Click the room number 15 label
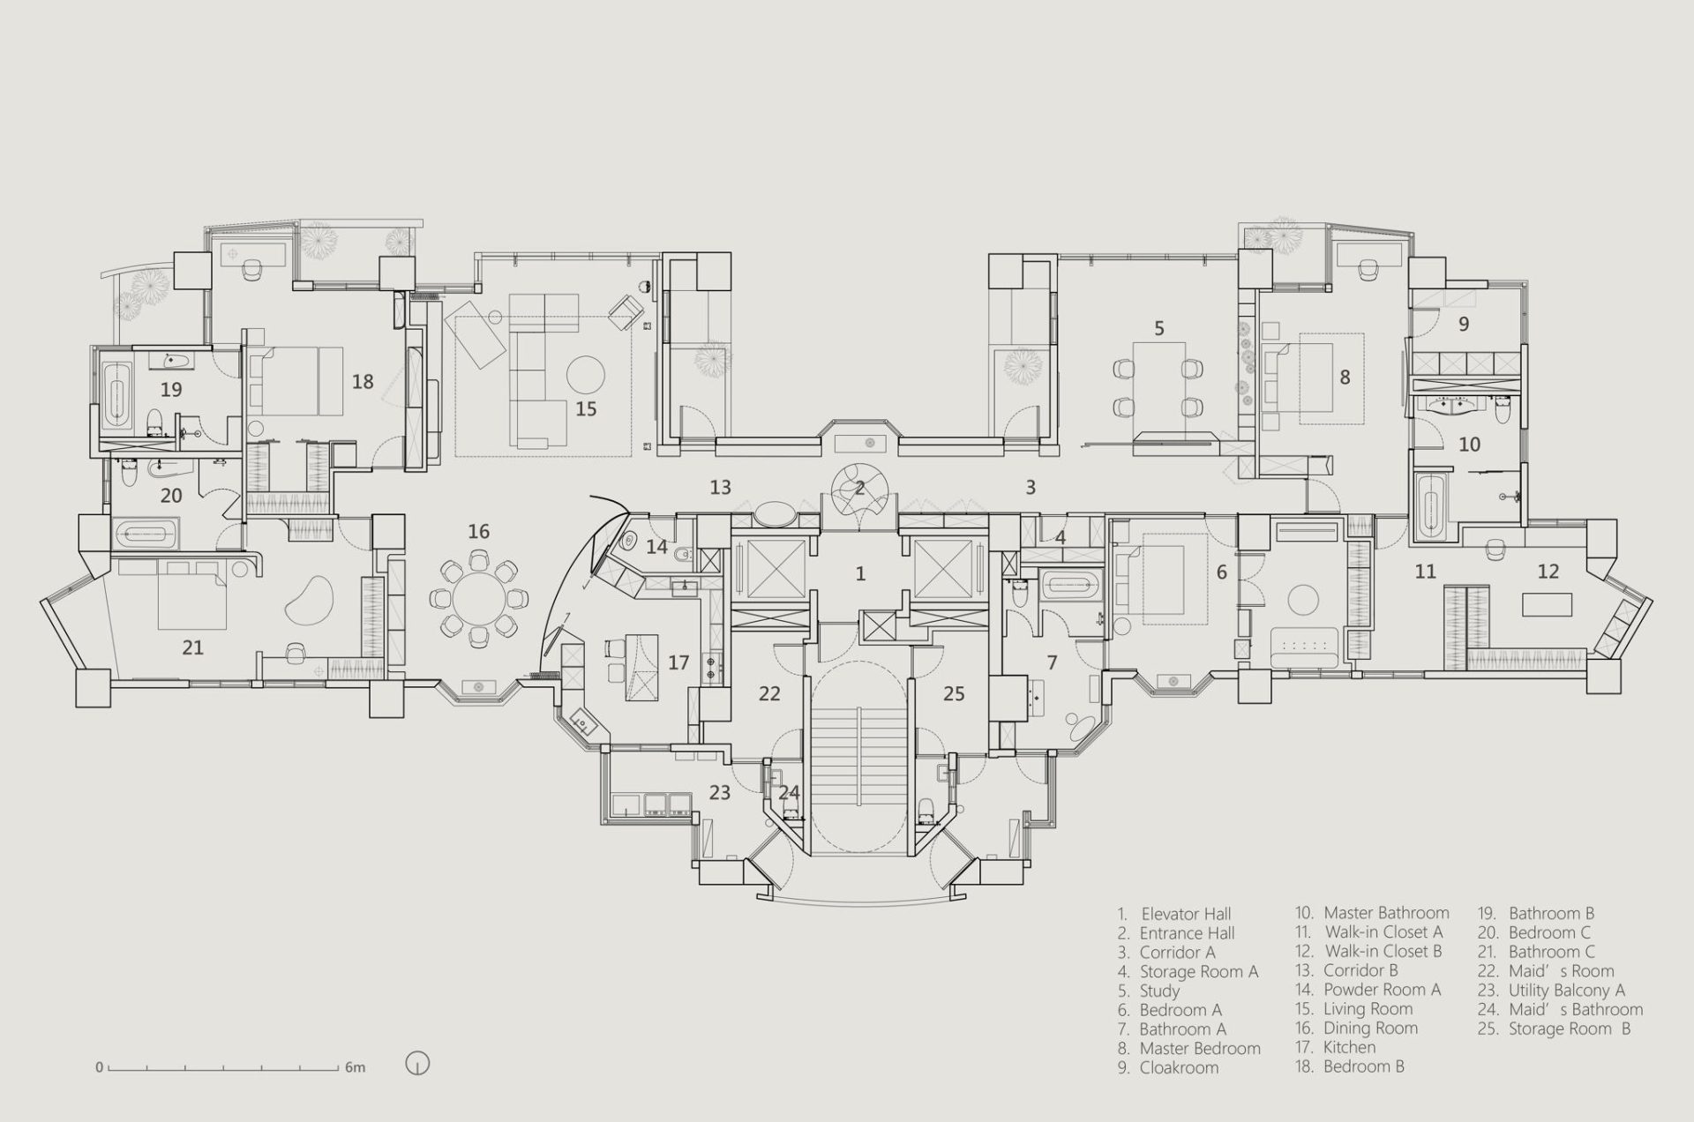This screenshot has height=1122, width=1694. click(x=586, y=408)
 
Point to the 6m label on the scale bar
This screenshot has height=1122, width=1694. click(x=355, y=1067)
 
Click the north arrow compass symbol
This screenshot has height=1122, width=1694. click(x=417, y=1064)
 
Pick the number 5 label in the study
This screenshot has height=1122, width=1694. click(x=1159, y=328)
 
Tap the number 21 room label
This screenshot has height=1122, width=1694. click(x=192, y=647)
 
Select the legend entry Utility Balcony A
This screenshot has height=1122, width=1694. click(x=1551, y=991)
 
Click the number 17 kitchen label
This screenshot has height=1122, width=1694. click(x=678, y=662)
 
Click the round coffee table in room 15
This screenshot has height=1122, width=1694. click(x=586, y=374)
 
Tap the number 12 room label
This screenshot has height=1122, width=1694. click(x=1548, y=571)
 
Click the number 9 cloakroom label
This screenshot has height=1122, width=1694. click(x=1464, y=324)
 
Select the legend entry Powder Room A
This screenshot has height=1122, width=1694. click(x=1368, y=990)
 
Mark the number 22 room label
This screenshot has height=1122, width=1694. click(x=769, y=693)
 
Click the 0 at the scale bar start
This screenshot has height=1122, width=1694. click(x=100, y=1067)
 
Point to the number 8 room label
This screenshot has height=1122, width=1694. click(x=1345, y=378)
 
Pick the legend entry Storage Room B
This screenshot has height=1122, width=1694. click(x=1555, y=1028)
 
